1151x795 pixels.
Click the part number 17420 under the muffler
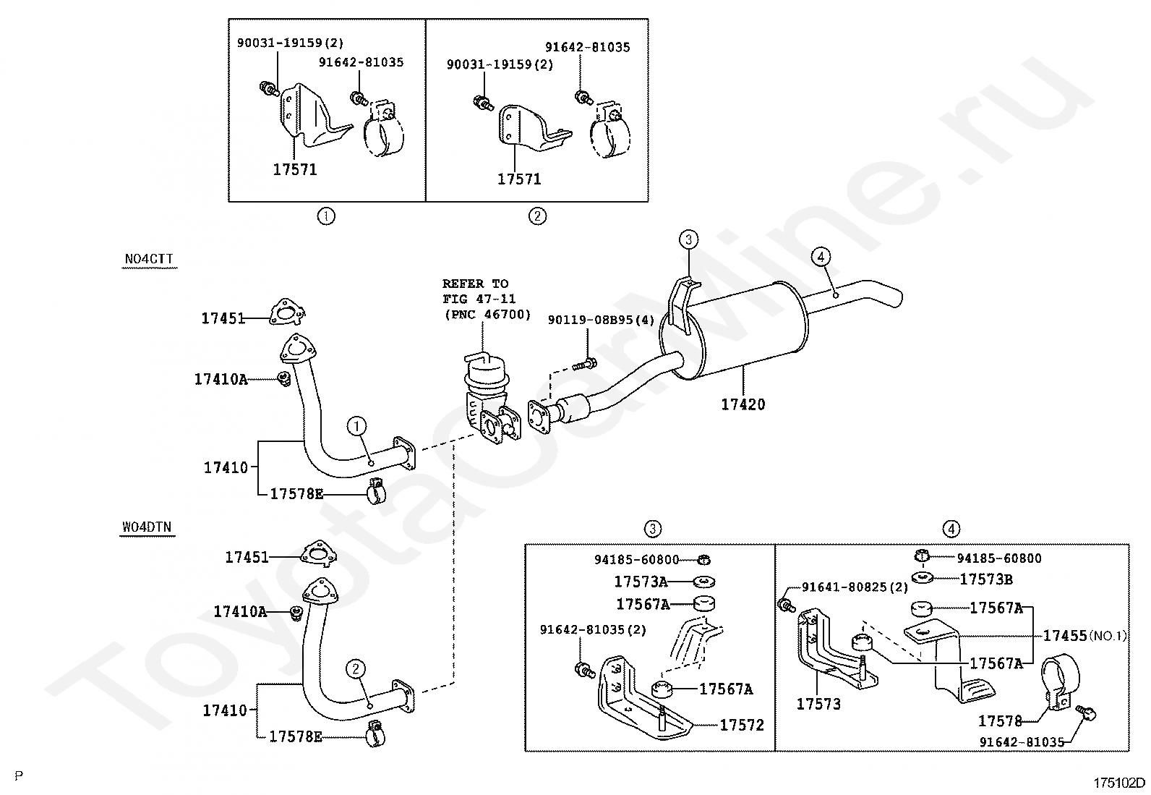743,404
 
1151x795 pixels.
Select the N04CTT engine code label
149,260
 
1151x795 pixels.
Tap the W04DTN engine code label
147,527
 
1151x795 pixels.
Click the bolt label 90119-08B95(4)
600,320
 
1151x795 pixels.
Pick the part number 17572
742,725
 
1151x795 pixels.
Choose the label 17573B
986,579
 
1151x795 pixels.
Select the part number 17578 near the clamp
1000,720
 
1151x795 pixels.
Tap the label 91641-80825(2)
855,587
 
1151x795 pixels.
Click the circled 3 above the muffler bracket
688,239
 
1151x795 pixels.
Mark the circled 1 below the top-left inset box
326,216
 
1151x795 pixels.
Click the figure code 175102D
1118,783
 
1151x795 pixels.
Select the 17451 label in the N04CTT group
223,318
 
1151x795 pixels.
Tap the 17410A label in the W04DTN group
240,612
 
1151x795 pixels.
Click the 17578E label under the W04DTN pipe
295,736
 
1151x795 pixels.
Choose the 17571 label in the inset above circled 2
518,179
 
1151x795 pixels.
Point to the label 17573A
641,582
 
